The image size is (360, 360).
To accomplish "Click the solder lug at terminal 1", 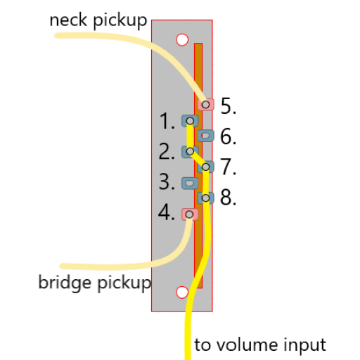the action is [190, 121].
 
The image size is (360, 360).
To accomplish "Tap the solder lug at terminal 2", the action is [190, 152].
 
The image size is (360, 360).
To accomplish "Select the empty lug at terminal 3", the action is [190, 183].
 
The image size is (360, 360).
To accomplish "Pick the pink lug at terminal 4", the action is [190, 214].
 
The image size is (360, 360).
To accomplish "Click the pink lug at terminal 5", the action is [205, 104].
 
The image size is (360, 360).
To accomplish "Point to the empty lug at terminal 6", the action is [205, 136].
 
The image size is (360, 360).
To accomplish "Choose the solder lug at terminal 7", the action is [205, 167].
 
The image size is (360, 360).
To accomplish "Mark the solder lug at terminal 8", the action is [205, 198].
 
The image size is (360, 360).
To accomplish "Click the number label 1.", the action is [167, 121].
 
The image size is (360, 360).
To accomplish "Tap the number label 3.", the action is [167, 181].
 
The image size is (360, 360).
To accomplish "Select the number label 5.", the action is [229, 106].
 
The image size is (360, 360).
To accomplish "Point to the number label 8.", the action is [229, 198].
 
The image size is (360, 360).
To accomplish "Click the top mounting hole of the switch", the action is [182, 40].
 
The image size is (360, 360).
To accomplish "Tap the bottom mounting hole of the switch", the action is [182, 292].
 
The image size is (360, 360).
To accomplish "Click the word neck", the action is [68, 20].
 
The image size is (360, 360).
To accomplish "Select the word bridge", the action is [65, 283].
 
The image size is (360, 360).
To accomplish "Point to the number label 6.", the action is [229, 136].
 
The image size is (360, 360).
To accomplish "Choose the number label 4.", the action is [167, 212].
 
